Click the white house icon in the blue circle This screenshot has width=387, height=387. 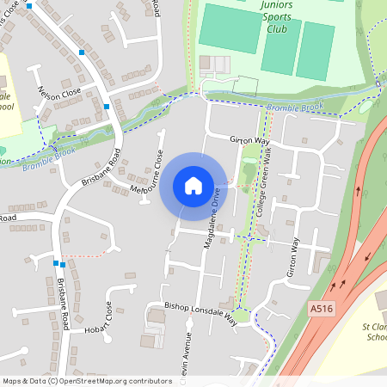click(193, 185)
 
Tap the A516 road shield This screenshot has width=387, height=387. click(321, 308)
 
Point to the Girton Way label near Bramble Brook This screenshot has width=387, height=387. click(250, 140)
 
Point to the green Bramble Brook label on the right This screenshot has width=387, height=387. click(294, 107)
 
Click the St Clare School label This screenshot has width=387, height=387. click(374, 331)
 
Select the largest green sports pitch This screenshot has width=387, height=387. click(230, 28)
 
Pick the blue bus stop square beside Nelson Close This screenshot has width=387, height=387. click(82, 52)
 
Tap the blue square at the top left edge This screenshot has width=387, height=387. click(29, 5)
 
